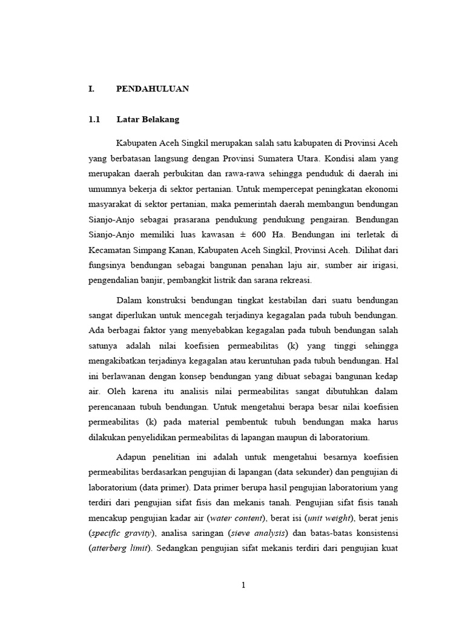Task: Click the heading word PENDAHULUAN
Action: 153,89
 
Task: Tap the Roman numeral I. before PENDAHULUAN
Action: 91,89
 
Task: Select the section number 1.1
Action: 93,120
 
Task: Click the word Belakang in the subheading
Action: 162,120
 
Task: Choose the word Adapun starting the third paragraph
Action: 131,457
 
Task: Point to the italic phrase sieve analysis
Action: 262,533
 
